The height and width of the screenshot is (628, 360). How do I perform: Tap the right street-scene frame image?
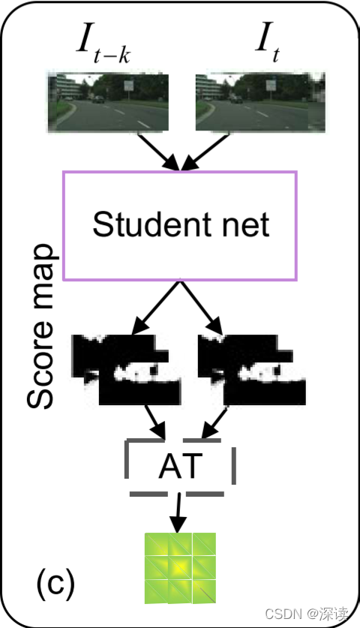pos(259,102)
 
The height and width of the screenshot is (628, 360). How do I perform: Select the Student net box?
pos(180,225)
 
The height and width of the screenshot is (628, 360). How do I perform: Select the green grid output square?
pos(180,567)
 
